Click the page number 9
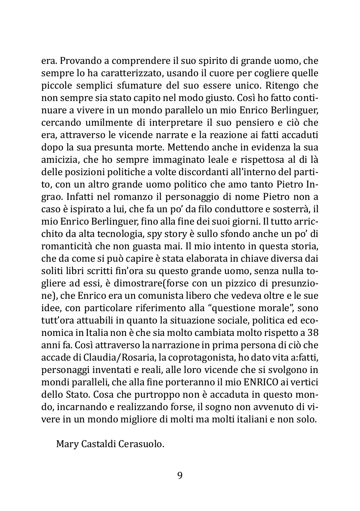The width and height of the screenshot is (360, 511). pyautogui.click(x=180, y=476)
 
